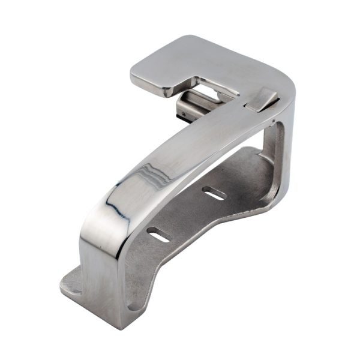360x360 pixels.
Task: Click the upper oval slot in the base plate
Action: tap(214, 193)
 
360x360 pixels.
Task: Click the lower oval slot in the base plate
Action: tap(160, 236)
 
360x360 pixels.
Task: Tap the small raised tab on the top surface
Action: tap(262, 99)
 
